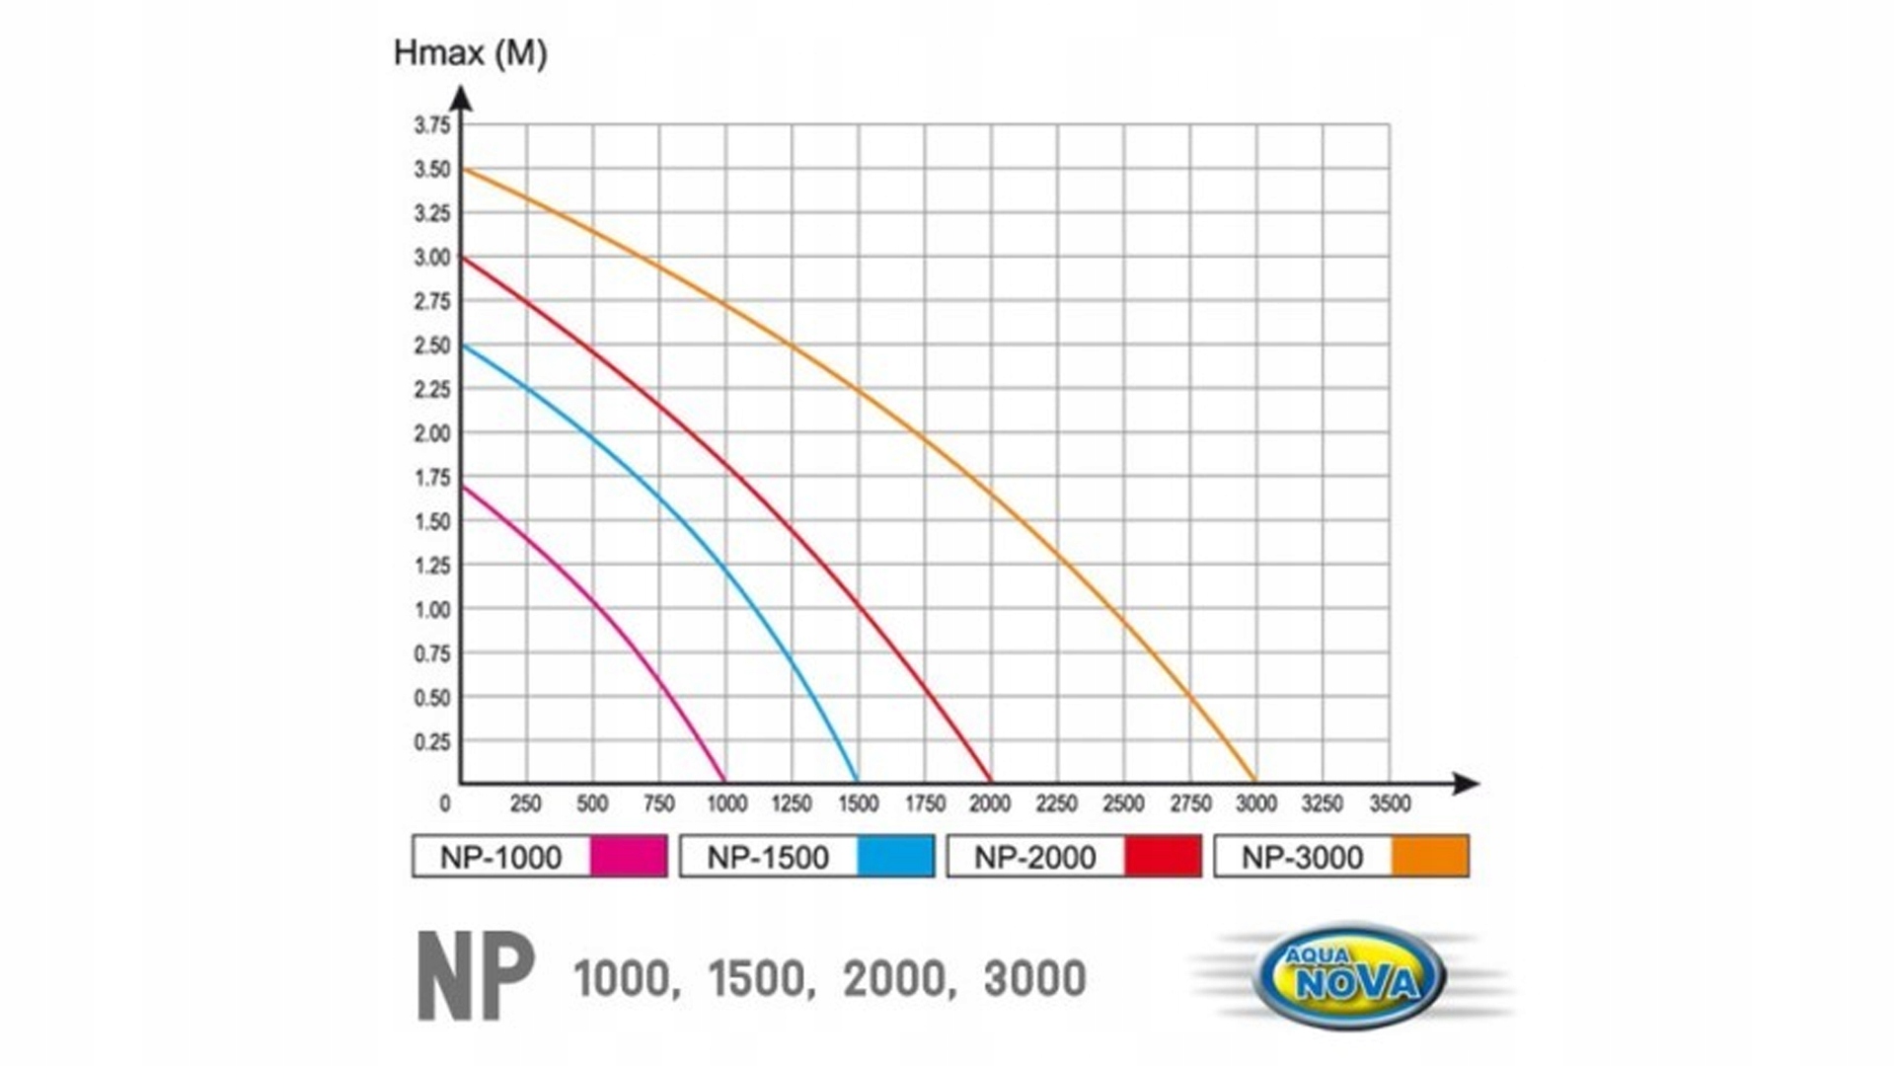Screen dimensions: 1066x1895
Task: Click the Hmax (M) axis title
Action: coord(470,53)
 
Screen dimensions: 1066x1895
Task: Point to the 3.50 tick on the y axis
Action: coord(431,170)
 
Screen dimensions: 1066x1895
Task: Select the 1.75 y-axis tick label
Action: coord(431,478)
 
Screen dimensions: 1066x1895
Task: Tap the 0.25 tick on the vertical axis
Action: coord(431,742)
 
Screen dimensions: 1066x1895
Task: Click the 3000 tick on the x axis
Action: coord(1256,804)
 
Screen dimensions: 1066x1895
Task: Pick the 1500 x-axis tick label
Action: coord(858,804)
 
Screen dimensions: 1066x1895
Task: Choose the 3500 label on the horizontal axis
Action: coord(1390,804)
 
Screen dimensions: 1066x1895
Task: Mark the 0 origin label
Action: coord(445,804)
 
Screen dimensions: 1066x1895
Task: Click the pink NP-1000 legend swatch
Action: coord(629,856)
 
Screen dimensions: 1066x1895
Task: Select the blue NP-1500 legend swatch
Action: coord(895,856)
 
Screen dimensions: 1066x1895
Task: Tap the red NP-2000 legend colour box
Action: coord(1163,856)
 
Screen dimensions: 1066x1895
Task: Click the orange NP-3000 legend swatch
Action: coord(1429,856)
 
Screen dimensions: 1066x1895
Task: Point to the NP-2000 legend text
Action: coord(1034,857)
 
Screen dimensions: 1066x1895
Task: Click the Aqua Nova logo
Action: coord(1350,976)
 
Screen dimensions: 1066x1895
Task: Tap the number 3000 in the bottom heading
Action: coord(1034,979)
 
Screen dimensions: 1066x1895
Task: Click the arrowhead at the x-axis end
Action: coord(1468,784)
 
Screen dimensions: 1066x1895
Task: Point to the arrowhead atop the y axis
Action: coord(461,99)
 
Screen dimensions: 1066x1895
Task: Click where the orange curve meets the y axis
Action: coord(463,170)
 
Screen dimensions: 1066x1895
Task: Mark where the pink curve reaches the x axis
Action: coord(724,781)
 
